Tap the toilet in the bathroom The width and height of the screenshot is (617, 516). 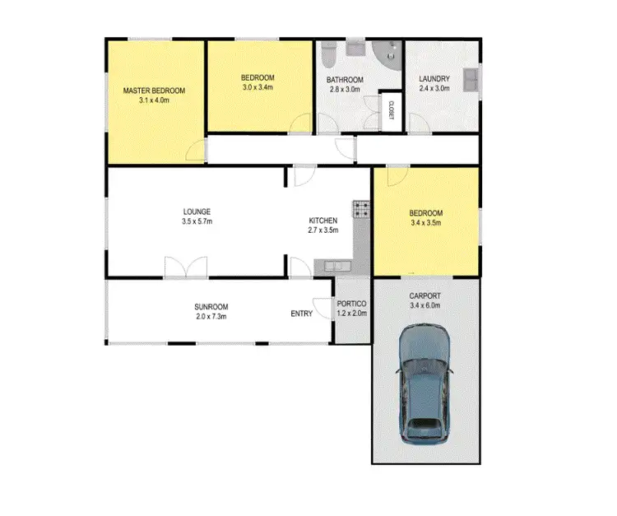327,54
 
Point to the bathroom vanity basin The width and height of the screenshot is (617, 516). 355,45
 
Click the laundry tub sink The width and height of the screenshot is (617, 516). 471,79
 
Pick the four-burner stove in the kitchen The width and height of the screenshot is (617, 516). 360,210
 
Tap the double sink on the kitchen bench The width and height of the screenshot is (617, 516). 334,266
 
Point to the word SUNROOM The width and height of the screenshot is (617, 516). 211,306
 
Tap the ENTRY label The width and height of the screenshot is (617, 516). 301,314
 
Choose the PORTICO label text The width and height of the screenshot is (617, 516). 352,304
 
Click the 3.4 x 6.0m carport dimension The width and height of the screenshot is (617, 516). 425,305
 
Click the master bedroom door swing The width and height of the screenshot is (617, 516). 195,151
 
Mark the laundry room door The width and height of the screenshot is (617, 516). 417,123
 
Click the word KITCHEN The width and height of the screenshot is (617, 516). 322,221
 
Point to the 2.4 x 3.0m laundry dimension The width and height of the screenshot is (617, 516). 434,87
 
